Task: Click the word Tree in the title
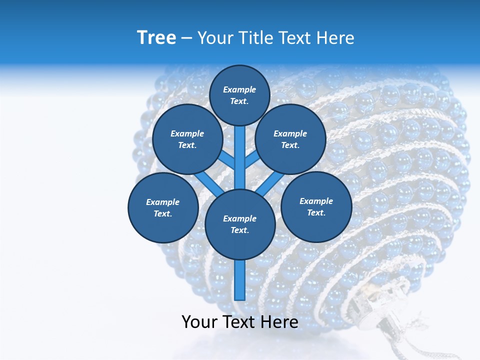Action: click(156, 37)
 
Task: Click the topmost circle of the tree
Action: click(239, 95)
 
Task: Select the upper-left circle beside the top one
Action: click(187, 139)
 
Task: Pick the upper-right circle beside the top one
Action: click(290, 139)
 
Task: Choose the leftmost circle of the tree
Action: click(163, 207)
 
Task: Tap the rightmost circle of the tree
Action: click(316, 206)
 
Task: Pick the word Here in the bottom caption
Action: click(280, 321)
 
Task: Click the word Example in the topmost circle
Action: click(239, 89)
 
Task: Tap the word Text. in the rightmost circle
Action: click(316, 212)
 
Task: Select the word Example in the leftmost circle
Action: click(162, 202)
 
